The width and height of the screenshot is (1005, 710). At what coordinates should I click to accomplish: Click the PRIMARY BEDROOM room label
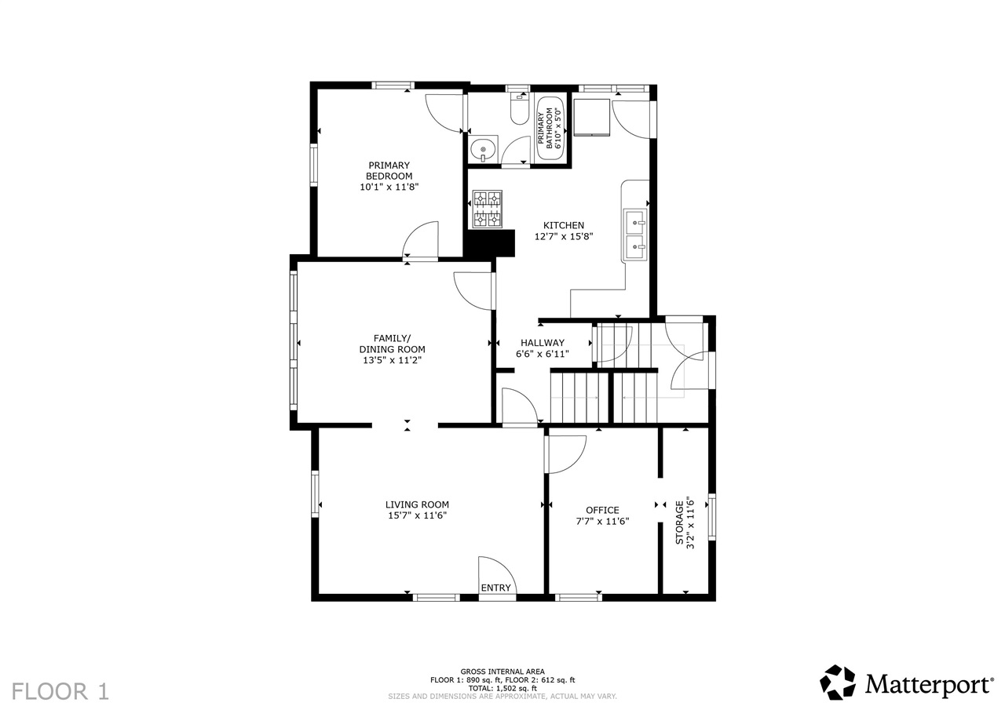pos(389,170)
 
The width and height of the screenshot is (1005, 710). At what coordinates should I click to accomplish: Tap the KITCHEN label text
pos(563,225)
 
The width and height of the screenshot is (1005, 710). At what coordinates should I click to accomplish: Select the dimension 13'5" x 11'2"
pos(392,360)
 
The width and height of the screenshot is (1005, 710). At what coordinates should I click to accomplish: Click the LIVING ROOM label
pos(417,504)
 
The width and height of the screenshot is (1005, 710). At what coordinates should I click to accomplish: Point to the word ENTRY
pos(495,588)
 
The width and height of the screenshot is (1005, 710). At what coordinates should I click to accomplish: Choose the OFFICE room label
pos(602,510)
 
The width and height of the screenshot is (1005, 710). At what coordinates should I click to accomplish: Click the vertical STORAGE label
pos(680,522)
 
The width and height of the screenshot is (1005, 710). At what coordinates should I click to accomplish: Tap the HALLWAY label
pos(542,343)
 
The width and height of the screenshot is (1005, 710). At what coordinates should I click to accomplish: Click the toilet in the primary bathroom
pos(519,111)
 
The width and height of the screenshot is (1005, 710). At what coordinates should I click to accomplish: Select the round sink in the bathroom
pos(483,147)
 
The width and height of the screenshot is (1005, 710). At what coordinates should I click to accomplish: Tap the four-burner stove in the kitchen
pos(487,209)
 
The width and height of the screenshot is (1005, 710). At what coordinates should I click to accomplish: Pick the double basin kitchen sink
pos(635,235)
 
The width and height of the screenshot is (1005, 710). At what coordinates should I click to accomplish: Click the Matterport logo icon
pos(838,683)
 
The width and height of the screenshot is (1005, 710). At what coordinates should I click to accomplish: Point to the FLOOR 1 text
pos(60,691)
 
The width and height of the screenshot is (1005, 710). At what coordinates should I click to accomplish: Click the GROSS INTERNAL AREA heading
pos(502,672)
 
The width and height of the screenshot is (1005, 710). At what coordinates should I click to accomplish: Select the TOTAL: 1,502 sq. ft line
pos(502,688)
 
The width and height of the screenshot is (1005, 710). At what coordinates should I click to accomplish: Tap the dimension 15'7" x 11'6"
pos(417,515)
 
